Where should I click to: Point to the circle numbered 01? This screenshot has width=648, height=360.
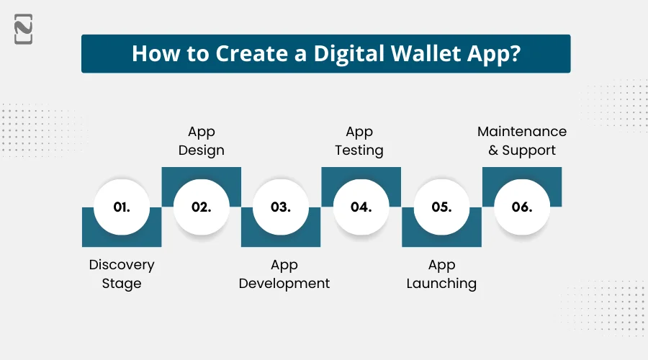122,207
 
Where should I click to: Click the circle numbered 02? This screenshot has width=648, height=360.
202,207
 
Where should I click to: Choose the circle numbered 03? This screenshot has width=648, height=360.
281,207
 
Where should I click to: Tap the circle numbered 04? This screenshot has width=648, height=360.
361,207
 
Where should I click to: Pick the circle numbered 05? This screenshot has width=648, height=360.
441,207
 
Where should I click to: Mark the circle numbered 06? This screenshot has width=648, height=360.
521,207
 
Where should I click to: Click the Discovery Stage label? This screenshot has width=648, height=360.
122,274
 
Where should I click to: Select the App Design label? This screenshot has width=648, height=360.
202,141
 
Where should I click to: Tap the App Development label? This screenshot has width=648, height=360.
284,274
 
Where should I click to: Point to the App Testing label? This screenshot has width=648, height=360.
360,141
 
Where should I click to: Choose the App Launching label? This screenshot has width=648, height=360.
441,274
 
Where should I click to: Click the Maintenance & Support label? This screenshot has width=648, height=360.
522,141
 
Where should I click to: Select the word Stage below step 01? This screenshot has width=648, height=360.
122,283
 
